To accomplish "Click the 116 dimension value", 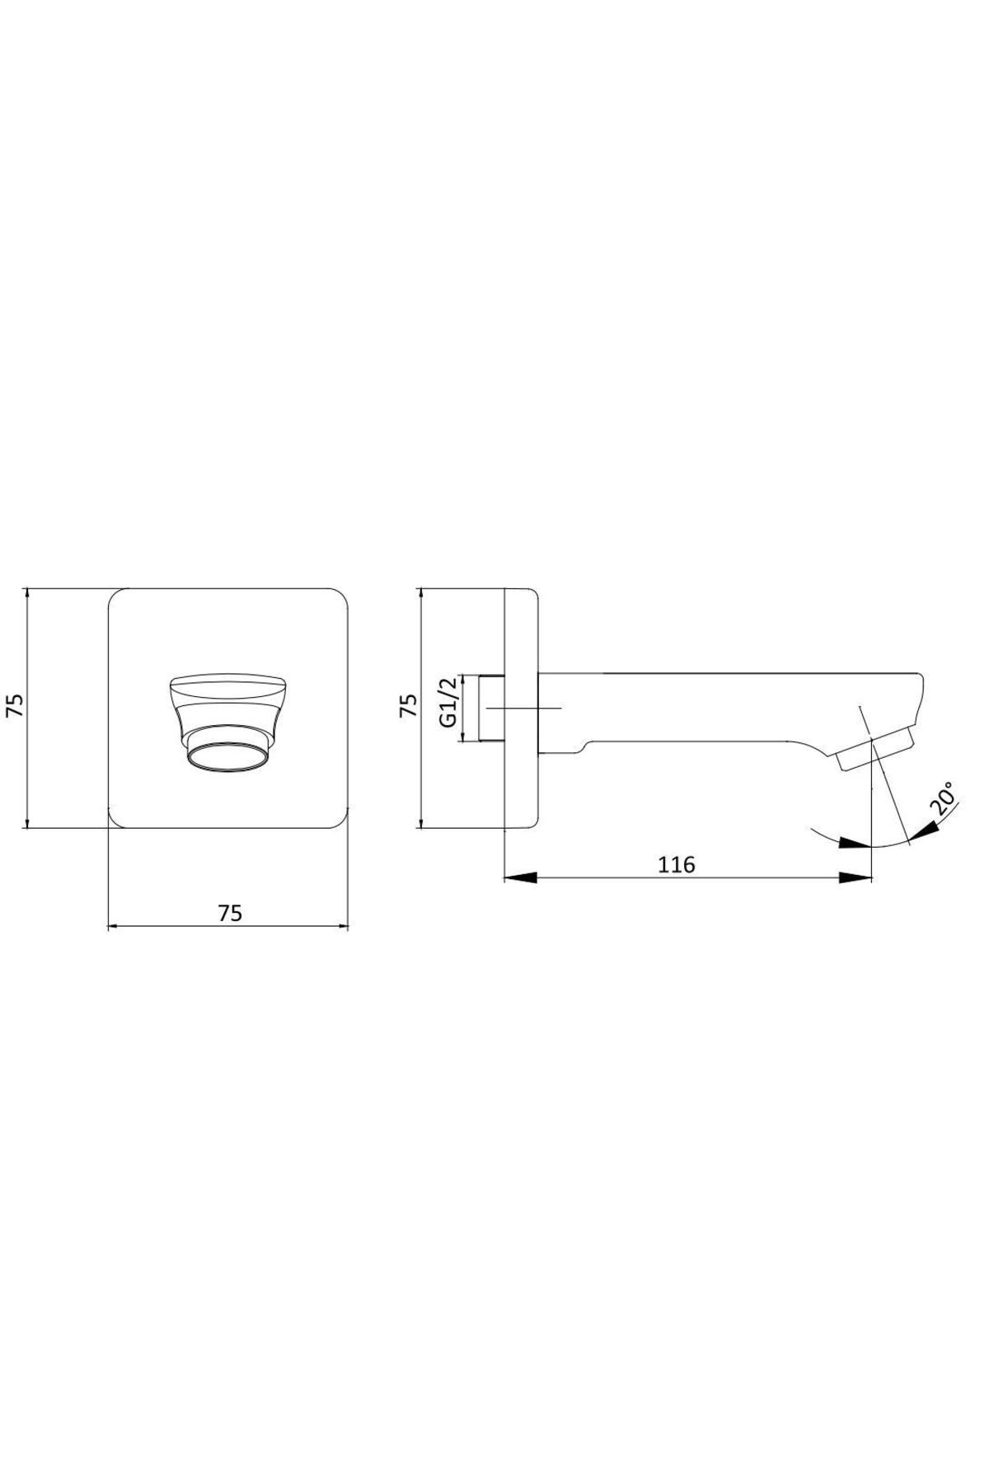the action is [677, 864].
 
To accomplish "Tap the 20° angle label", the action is [943, 799].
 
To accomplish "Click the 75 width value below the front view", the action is [230, 914].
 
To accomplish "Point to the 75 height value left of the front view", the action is [16, 706].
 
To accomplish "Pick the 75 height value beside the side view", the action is [408, 706].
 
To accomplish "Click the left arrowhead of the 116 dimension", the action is [520, 879].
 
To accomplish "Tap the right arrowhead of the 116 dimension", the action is [855, 879].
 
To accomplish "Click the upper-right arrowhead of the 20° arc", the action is [923, 832].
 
